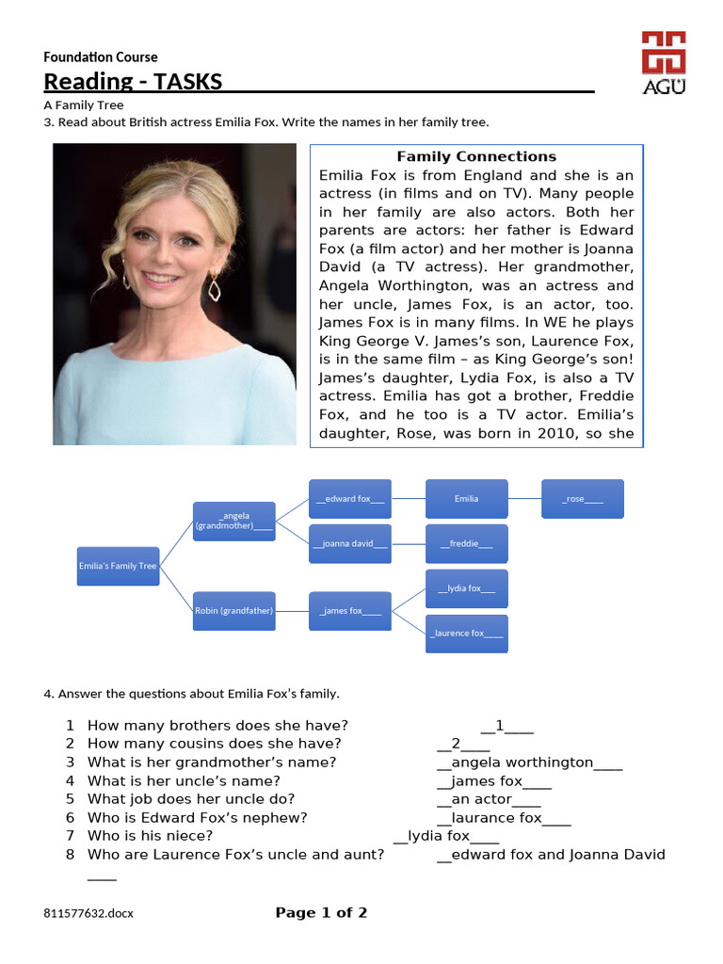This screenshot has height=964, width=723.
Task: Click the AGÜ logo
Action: click(x=663, y=62)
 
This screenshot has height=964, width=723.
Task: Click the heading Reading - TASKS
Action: click(x=133, y=82)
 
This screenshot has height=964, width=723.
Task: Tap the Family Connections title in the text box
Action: click(x=475, y=156)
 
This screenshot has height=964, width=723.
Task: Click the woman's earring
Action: click(x=214, y=286)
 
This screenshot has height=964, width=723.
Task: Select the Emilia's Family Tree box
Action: click(x=118, y=566)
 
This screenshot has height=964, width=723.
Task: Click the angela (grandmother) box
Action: click(x=234, y=522)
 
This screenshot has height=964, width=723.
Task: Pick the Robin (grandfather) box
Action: click(x=234, y=611)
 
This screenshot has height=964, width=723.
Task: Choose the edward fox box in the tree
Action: click(x=350, y=499)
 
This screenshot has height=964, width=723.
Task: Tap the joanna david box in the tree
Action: click(x=350, y=544)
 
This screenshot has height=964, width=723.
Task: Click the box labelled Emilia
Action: click(x=466, y=499)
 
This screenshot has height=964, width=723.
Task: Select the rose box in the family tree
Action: click(x=583, y=499)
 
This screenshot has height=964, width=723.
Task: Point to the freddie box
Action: click(x=466, y=544)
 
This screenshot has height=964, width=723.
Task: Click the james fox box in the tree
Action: click(x=350, y=611)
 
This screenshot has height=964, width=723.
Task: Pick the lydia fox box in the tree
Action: click(x=466, y=588)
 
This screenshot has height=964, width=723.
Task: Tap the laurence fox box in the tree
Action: click(x=466, y=634)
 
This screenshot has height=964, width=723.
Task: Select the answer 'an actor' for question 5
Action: click(x=489, y=799)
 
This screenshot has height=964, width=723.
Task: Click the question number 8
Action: click(x=70, y=855)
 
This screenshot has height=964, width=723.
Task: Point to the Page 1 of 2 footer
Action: click(x=321, y=912)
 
